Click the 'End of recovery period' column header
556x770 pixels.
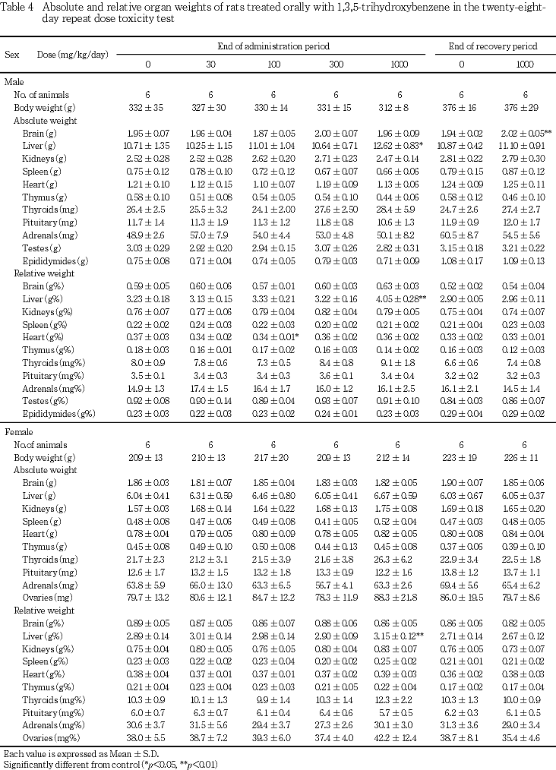[x=493, y=46]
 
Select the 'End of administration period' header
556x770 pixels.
[x=275, y=46]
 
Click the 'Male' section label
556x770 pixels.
[x=14, y=81]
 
